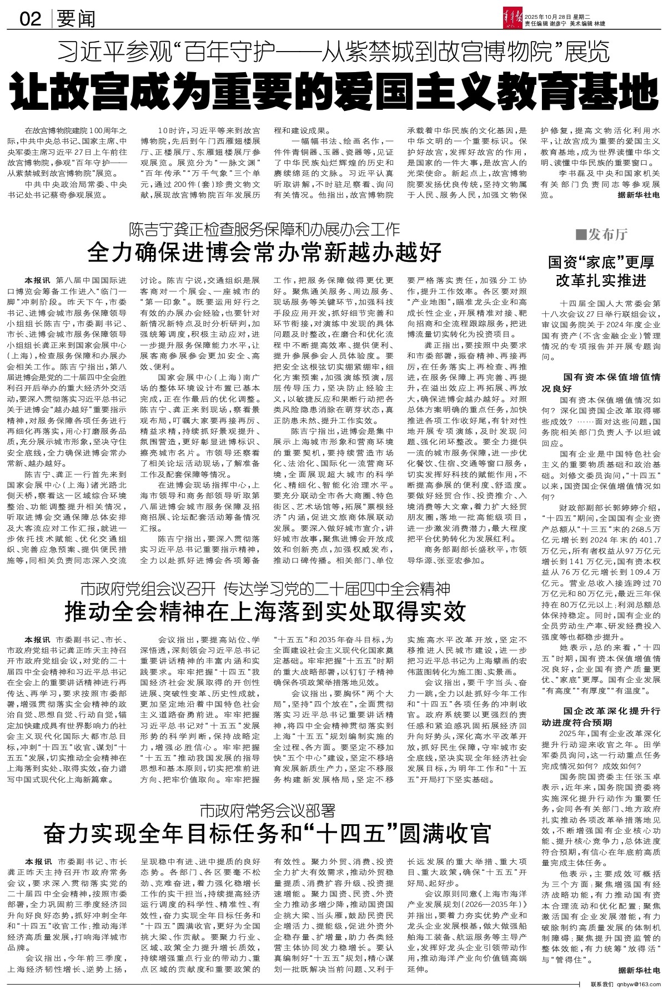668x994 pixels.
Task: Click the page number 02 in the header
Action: tap(30, 19)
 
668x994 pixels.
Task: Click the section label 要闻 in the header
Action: tap(75, 19)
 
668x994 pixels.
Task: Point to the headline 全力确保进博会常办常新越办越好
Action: tap(264, 252)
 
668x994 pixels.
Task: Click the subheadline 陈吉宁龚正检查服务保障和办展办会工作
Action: tap(264, 229)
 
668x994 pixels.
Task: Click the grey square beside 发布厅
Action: tap(580, 235)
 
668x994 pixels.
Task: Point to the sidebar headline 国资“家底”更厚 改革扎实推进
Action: tap(601, 271)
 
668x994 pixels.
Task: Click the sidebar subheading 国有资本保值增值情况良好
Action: tap(601, 382)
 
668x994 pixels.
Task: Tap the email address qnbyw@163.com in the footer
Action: tap(635, 988)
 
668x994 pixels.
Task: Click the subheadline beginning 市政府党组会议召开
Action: tap(264, 588)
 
